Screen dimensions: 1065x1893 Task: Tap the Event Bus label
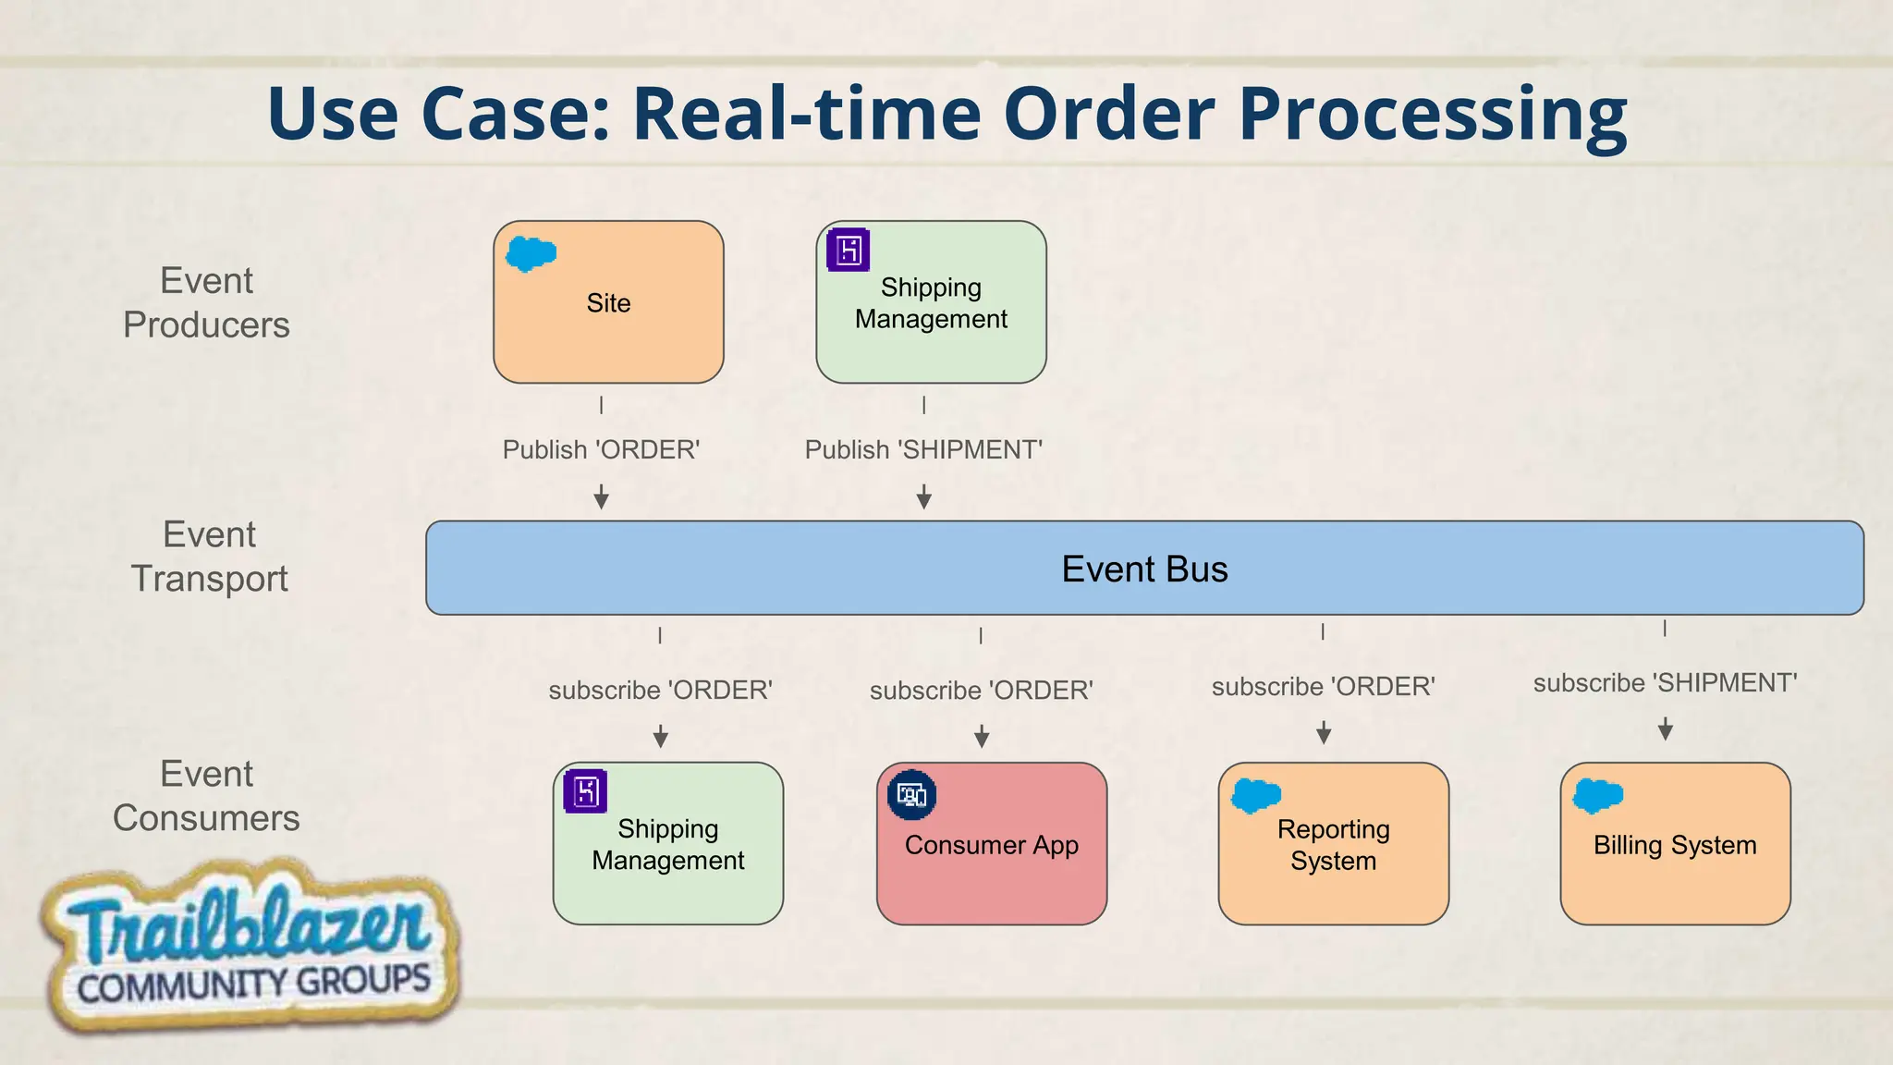tap(1144, 569)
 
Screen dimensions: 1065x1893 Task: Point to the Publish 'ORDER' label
tap(601, 449)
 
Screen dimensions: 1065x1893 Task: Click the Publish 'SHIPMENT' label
tap(923, 449)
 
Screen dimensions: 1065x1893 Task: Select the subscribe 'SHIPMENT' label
tap(1665, 682)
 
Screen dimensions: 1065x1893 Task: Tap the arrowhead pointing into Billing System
tap(1666, 731)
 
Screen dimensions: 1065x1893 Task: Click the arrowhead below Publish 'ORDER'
tap(601, 499)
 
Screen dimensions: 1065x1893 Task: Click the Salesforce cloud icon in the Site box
tap(531, 253)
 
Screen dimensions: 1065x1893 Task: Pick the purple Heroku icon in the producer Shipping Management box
tap(848, 250)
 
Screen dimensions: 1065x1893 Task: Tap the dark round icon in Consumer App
tap(911, 794)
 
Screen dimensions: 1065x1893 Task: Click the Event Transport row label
tap(209, 557)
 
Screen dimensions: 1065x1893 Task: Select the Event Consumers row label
tap(206, 796)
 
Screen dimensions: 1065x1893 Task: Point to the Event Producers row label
tap(206, 302)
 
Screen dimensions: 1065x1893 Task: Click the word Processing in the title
tap(1432, 115)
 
